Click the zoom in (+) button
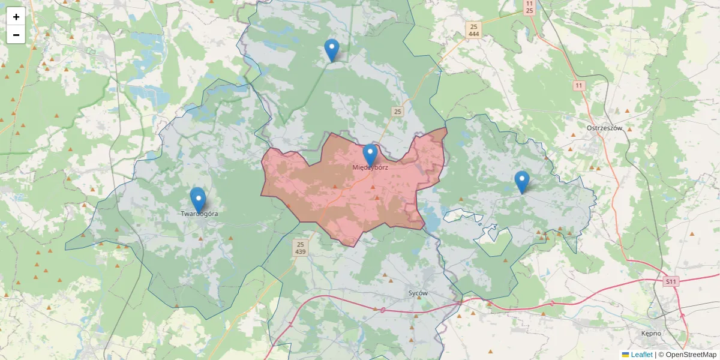16,17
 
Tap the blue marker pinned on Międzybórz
370,155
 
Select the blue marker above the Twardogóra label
198,200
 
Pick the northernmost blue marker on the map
331,50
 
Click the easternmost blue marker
522,182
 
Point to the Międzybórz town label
370,167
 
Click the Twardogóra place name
199,214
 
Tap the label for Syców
418,293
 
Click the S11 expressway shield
671,281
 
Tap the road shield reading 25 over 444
474,31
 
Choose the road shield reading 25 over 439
301,248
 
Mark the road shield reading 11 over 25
529,7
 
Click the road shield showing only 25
397,112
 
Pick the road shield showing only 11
578,86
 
